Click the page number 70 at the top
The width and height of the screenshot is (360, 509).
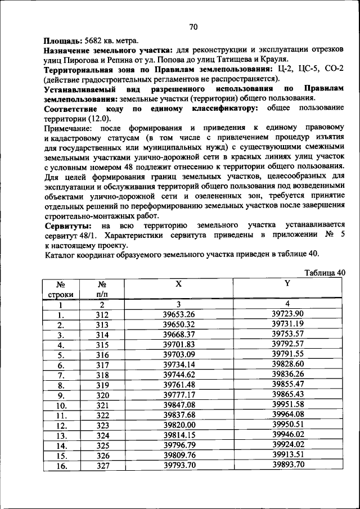193,27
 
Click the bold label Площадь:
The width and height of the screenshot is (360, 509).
64,41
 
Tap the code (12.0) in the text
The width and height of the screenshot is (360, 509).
99,119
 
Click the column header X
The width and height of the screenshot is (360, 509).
178,284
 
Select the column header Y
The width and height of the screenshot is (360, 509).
287,284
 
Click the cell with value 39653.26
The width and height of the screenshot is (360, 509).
178,314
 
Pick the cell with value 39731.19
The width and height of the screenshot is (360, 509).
287,324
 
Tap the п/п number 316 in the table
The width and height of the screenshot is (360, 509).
102,354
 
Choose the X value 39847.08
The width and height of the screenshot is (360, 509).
178,404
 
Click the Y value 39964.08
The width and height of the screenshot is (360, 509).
287,415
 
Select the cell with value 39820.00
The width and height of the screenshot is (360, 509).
178,425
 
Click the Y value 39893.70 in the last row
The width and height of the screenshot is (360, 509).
287,465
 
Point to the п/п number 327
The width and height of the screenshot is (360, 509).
102,465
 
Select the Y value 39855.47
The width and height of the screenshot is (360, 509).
287,384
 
